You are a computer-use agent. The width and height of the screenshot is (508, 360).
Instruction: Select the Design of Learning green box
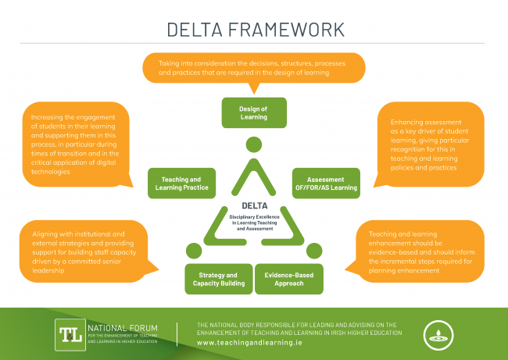[253, 112]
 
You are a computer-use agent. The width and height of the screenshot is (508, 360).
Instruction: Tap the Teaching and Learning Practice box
[179, 183]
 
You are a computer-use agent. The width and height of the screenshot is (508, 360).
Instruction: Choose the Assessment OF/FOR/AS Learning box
[325, 183]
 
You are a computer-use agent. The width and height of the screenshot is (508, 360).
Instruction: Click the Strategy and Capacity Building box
[218, 279]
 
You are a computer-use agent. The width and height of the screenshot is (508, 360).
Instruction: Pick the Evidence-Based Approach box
[289, 279]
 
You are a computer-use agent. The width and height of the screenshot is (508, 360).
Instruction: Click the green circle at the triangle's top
[253, 145]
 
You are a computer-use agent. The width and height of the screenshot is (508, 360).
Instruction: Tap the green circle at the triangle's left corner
[193, 250]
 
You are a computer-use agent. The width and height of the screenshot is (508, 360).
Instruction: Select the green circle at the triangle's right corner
[314, 250]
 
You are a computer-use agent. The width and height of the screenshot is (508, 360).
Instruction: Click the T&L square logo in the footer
[68, 333]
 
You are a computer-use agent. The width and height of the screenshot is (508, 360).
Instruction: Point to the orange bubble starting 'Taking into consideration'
[255, 67]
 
